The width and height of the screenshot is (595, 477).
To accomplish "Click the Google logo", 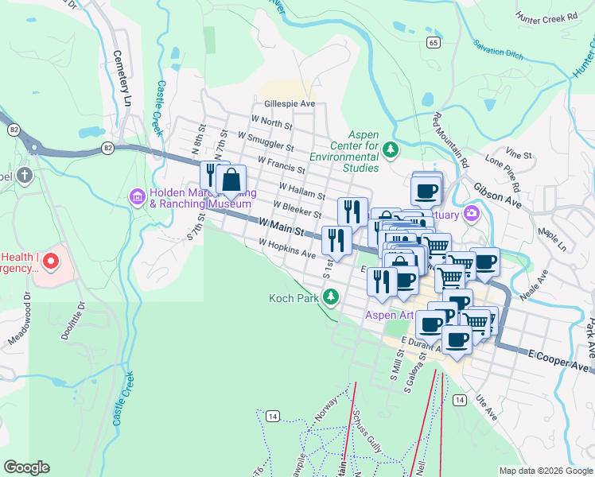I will click(26, 467).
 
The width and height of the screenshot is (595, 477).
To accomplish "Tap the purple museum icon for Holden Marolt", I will click(137, 196).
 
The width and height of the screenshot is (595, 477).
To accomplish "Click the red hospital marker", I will click(51, 261).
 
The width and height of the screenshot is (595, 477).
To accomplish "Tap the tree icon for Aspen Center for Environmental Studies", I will click(390, 149).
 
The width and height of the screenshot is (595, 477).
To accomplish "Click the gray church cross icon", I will click(25, 175).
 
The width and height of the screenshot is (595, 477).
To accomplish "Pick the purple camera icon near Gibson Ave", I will click(472, 212).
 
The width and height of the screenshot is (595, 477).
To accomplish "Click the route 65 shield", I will click(433, 42).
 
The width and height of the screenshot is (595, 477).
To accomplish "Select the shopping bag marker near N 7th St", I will click(231, 180).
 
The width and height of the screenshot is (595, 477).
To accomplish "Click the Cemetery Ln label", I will click(122, 79).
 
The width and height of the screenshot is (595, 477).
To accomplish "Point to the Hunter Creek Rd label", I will click(546, 17).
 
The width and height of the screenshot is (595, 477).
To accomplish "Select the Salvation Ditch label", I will click(500, 52).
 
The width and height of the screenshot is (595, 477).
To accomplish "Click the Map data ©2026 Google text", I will click(546, 471).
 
